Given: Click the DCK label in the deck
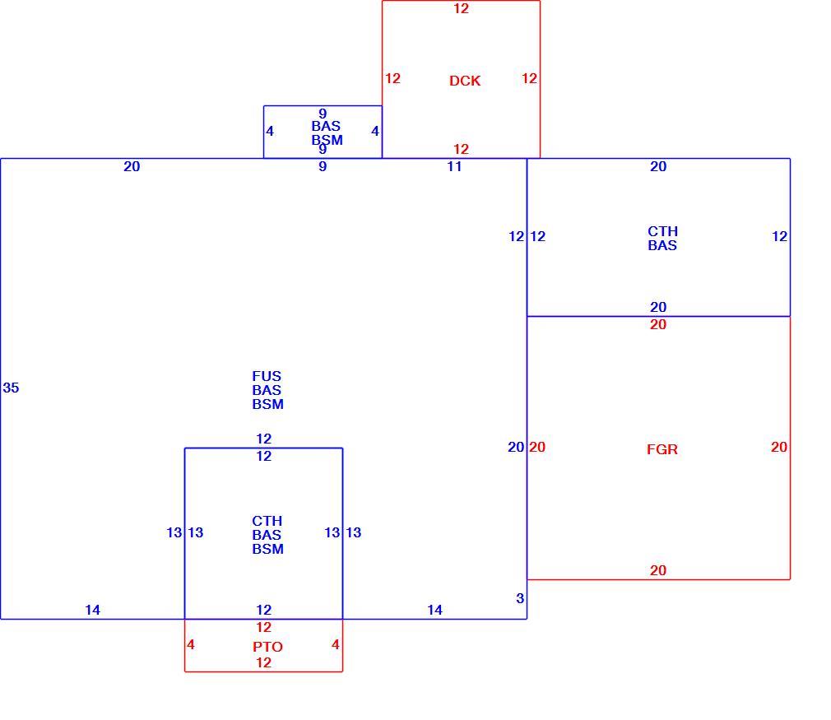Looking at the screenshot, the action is (465, 81).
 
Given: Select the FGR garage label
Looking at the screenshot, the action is (662, 449).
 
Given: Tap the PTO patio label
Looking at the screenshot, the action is (267, 647).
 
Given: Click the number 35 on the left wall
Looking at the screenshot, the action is (11, 388).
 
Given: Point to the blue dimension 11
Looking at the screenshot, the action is (454, 166).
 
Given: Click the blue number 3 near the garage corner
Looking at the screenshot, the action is (520, 598).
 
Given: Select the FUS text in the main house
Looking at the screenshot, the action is (267, 376).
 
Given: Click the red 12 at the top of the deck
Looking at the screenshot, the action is (461, 8).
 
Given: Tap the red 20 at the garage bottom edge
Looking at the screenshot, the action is (658, 570).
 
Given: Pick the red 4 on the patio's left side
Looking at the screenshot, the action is (191, 645).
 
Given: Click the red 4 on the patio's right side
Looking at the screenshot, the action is (336, 645).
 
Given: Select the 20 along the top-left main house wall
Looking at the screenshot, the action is (132, 166).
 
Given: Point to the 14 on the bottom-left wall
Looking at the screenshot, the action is (93, 611).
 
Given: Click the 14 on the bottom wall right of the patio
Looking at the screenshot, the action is (435, 611).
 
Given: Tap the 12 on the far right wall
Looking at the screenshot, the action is (780, 236).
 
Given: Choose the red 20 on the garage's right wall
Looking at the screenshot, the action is (779, 447).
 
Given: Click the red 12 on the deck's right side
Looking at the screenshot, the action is (529, 78).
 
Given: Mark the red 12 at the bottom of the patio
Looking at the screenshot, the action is (264, 662).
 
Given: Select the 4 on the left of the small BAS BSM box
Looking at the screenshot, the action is (270, 131).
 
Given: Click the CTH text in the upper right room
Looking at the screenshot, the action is (662, 232).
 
